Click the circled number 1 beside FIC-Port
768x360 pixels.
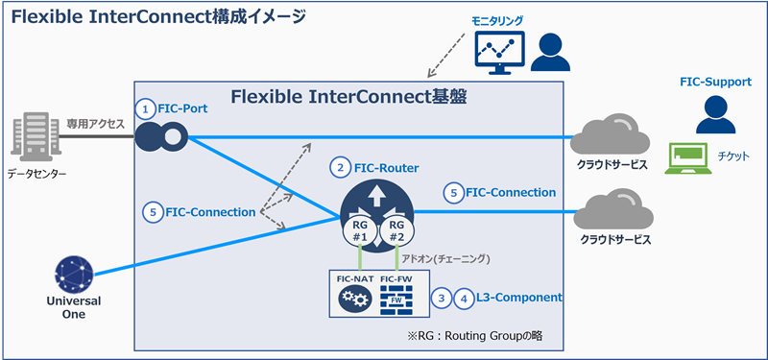point(145,108)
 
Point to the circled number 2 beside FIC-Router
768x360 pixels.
point(339,167)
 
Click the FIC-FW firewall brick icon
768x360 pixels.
point(396,301)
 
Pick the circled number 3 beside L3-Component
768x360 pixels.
point(441,298)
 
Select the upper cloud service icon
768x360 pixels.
point(610,141)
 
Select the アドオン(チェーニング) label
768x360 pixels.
point(453,259)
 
